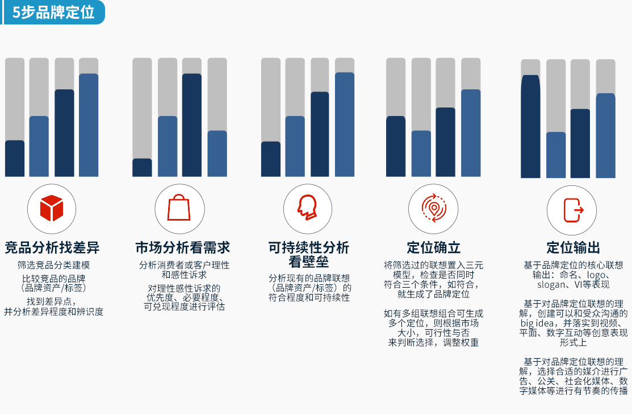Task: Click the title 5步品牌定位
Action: pyautogui.click(x=53, y=12)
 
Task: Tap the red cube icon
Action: pyautogui.click(x=52, y=208)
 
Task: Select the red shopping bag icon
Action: pyautogui.click(x=179, y=208)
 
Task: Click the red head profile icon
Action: pyautogui.click(x=307, y=208)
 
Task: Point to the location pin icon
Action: pyautogui.click(x=434, y=208)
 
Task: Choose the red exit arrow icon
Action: pyautogui.click(x=573, y=210)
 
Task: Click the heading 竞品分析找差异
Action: pyautogui.click(x=52, y=247)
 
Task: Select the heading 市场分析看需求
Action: pyautogui.click(x=183, y=247)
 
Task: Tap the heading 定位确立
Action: pyautogui.click(x=434, y=247)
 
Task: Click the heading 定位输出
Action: pyautogui.click(x=573, y=247)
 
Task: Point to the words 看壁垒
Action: pyautogui.click(x=309, y=262)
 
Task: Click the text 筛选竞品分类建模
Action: pyautogui.click(x=53, y=265)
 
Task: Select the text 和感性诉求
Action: pyautogui.click(x=184, y=275)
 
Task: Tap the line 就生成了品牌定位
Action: pyautogui.click(x=434, y=294)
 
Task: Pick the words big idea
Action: pyautogui.click(x=537, y=323)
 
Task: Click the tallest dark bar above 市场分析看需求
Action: pyautogui.click(x=192, y=125)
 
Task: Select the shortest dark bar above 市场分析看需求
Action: pyautogui.click(x=143, y=167)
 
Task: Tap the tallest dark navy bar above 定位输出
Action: pyautogui.click(x=530, y=126)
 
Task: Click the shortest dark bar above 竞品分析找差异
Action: pyautogui.click(x=15, y=159)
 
